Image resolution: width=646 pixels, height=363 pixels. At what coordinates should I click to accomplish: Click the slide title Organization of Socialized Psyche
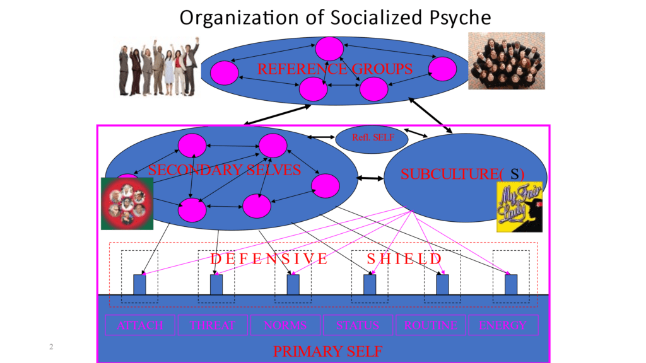tap(335, 17)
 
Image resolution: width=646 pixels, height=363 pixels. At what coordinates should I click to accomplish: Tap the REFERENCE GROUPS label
tap(335, 69)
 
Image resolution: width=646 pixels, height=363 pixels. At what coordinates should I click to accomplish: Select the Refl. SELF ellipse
tap(367, 139)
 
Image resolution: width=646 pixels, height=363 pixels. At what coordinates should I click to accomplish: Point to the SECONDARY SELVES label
tap(224, 169)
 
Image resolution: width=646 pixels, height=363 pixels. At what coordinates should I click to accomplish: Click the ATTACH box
tap(140, 326)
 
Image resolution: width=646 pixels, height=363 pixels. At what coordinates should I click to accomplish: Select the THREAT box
tap(213, 326)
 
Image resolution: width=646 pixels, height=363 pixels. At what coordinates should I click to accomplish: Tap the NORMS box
tap(285, 326)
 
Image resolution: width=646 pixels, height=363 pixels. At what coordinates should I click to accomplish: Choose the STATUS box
tap(358, 326)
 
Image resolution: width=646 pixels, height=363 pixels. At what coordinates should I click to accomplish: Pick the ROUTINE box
tap(430, 326)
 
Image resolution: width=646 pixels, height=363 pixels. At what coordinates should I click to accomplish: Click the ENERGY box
tap(502, 326)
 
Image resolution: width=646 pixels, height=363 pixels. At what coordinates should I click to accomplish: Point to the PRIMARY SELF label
tap(327, 351)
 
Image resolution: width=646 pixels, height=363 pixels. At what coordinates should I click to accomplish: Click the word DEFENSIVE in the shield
tap(269, 258)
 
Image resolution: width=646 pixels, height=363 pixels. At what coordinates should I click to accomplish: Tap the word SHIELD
tap(404, 258)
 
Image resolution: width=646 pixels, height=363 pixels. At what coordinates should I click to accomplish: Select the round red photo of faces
tap(127, 203)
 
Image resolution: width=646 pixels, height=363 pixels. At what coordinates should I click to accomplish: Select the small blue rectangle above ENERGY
tap(511, 284)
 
